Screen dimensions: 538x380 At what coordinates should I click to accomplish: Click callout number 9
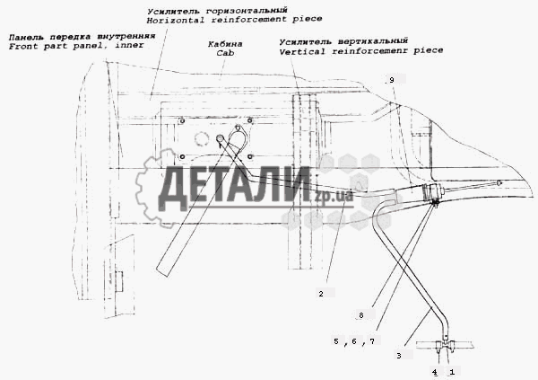(392, 80)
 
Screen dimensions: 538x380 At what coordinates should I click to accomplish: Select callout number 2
(321, 294)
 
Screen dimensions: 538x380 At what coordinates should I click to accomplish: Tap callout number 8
(361, 315)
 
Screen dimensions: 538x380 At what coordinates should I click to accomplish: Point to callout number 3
(399, 356)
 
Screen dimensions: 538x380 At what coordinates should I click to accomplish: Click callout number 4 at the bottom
(435, 372)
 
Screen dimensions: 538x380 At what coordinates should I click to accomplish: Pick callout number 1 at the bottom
(452, 372)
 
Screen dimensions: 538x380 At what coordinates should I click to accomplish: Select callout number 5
(336, 340)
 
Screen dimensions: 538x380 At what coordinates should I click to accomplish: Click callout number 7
(372, 341)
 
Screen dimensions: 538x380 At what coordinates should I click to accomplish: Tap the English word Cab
(225, 53)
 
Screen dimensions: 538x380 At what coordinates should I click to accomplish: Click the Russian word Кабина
(225, 44)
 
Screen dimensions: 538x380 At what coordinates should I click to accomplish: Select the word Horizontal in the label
(176, 21)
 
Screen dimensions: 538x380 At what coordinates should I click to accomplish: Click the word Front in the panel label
(23, 47)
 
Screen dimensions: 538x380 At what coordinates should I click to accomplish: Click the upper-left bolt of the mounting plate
(182, 120)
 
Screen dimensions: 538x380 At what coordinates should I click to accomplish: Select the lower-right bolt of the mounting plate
(250, 157)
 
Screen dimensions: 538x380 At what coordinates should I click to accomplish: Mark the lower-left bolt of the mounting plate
(182, 157)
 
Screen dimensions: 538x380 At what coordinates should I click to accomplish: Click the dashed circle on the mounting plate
(202, 139)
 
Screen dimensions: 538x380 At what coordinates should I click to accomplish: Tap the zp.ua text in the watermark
(334, 196)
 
